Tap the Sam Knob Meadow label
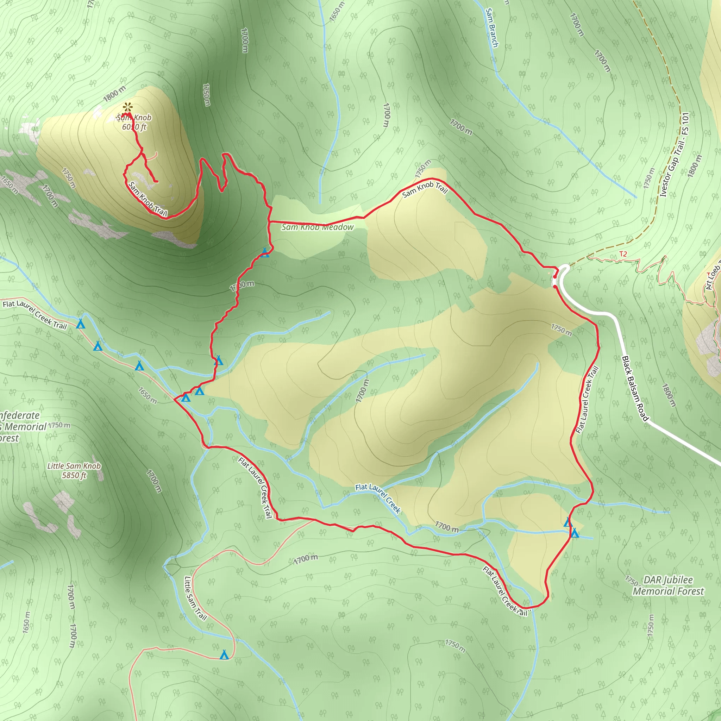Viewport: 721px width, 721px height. [x=317, y=227]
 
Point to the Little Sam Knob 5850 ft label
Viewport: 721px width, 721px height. [x=74, y=471]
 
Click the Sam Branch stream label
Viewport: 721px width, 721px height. [x=492, y=28]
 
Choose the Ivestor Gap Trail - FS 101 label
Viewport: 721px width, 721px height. [x=674, y=155]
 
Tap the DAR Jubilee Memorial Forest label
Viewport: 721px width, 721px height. [x=668, y=585]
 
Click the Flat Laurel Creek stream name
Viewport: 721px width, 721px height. [x=378, y=499]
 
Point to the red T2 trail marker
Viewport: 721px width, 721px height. [x=623, y=254]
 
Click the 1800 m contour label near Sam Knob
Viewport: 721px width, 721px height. [x=114, y=94]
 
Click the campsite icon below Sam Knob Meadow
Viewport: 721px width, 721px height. [x=265, y=253]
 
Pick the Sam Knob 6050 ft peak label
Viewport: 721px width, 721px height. [x=134, y=122]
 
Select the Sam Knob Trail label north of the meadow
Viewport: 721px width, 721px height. [x=425, y=189]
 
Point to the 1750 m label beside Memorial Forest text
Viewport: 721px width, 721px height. [x=59, y=425]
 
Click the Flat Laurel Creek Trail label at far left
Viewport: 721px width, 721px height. [x=35, y=315]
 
